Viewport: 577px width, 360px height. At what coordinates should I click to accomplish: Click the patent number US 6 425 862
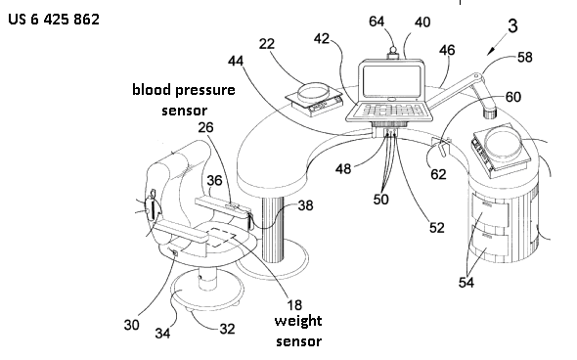pos(54,19)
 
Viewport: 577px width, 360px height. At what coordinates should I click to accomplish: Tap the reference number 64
pos(377,22)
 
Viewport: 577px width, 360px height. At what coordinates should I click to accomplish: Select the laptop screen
pos(391,81)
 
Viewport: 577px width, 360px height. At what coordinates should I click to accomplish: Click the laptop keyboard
pos(392,110)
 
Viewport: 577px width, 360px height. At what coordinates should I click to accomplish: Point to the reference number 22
pos(267,44)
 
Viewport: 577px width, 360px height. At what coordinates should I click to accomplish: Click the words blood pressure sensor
pos(184,100)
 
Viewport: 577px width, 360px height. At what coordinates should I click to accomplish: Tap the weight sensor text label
pos(298,331)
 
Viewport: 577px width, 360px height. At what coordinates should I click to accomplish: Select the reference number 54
pos(466,283)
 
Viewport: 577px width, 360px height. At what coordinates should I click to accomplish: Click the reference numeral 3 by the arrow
pos(512,25)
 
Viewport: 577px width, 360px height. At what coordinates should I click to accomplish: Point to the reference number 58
pos(525,57)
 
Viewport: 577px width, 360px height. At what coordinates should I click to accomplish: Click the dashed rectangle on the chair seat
pos(221,237)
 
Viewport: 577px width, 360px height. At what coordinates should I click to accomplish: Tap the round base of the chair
pos(207,291)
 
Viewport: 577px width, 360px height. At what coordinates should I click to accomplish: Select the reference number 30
pos(131,325)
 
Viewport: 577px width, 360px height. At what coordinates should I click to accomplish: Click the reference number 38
pos(305,205)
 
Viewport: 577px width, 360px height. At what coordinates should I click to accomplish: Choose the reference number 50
pos(380,200)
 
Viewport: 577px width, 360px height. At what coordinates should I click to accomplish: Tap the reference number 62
pos(438,174)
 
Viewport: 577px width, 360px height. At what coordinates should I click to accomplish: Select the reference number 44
pos(236,61)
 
